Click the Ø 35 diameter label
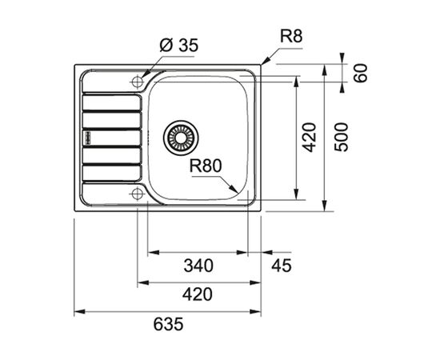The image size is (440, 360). point(178,46)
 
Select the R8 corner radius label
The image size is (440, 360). point(291,37)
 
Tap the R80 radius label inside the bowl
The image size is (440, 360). point(206,166)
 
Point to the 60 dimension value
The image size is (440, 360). point(360,73)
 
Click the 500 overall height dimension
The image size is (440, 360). point(342,138)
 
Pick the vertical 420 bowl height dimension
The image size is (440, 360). point(310,138)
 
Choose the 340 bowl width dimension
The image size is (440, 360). point(198,266)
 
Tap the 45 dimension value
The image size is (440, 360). point(282,266)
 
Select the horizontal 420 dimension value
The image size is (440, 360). point(198,294)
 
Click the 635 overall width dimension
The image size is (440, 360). point(168,324)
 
